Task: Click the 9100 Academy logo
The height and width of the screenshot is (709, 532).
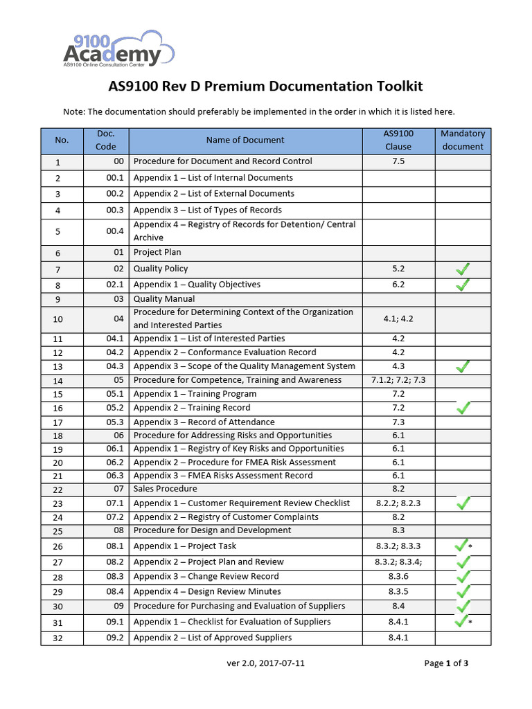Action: pos(118,48)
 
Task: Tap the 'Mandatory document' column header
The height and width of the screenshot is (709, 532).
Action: pos(463,140)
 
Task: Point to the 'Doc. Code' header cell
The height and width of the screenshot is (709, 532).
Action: pos(106,140)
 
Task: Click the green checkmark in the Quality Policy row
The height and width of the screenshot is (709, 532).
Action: pos(463,269)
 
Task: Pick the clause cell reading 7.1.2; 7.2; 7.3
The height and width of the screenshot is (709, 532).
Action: pos(398,380)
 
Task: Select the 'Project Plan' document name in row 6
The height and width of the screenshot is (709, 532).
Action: pos(157,253)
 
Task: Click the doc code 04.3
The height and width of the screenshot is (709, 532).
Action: pos(115,366)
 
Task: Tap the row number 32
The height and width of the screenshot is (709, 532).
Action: pos(57,638)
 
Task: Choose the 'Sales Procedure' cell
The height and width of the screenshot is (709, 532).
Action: pos(166,489)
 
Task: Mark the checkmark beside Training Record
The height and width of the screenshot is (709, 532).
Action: pos(463,408)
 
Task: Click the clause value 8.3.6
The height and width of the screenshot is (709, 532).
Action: pos(398,577)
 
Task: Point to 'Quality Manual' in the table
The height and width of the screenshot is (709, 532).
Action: pos(164,299)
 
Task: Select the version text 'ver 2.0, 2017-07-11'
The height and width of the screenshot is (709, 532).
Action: pos(266,663)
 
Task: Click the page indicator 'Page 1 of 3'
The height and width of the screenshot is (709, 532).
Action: pos(447,663)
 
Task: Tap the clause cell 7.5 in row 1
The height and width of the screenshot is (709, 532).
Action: pos(398,161)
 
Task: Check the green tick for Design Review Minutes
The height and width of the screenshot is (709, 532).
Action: pos(463,592)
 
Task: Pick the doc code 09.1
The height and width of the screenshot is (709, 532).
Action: pos(115,622)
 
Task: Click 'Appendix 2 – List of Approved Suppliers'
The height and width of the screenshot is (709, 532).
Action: pos(213,638)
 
